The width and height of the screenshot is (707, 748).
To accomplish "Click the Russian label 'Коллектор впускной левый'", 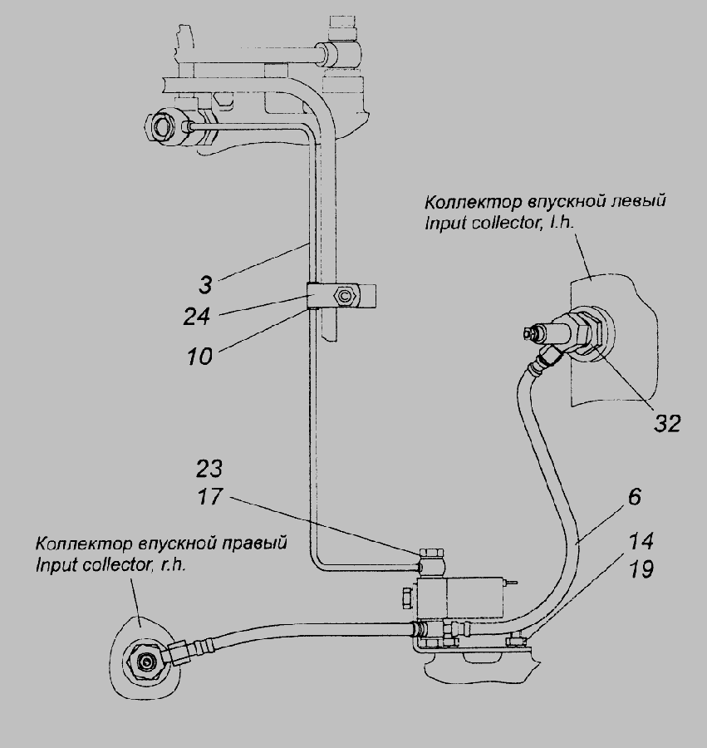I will pos(545,202).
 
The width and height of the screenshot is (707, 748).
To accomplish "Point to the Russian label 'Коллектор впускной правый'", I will pos(161,544).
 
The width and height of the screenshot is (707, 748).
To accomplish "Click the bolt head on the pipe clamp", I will pos(344,295).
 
